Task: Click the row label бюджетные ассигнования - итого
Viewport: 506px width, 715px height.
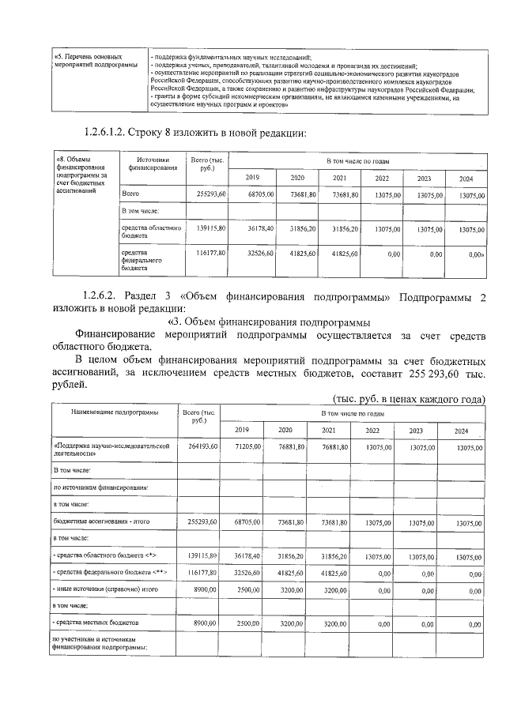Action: click(101, 522)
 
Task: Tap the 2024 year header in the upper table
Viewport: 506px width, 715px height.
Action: click(466, 179)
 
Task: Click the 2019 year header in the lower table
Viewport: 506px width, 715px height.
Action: click(241, 430)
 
